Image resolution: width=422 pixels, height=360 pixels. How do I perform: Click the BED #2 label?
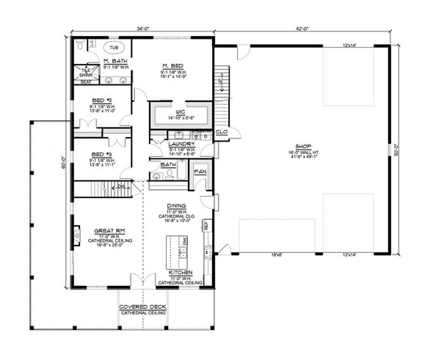102,100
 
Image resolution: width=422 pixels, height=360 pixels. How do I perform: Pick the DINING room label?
175,207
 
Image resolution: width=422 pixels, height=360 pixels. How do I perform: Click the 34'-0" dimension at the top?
144,29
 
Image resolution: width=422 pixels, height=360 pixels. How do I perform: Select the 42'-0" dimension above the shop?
303,29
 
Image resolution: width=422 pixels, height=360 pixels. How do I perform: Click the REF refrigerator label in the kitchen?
207,227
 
